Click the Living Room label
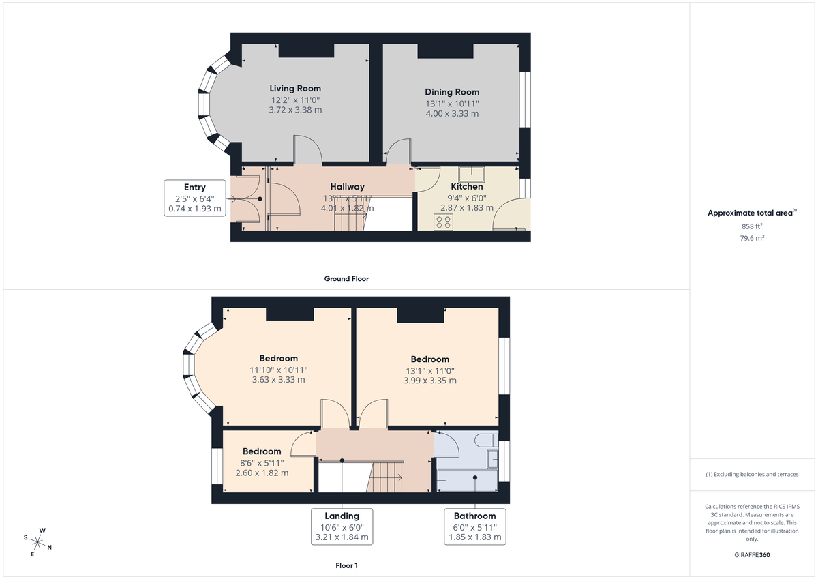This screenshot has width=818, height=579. point(294,89)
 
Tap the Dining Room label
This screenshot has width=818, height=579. point(452,92)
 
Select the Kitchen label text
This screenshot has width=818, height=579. point(467,187)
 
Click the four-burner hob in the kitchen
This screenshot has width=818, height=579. point(444,221)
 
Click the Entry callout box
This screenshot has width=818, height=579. point(195,198)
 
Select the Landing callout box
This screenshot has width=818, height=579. point(342,526)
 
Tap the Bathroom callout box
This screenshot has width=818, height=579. point(474,526)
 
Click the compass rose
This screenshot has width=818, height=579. point(38,542)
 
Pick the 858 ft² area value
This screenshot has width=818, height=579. point(752,226)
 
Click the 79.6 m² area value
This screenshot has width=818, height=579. point(752,239)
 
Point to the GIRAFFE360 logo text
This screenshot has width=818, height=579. point(752,555)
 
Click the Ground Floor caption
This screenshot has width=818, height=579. point(346,279)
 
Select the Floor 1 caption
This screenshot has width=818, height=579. point(346,565)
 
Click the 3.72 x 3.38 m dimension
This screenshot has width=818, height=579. point(295,110)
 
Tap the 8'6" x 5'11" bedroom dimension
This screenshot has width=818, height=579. point(262,462)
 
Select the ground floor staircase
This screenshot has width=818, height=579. point(354,214)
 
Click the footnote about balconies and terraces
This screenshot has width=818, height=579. point(752,474)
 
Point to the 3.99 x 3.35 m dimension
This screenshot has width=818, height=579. point(429,381)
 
